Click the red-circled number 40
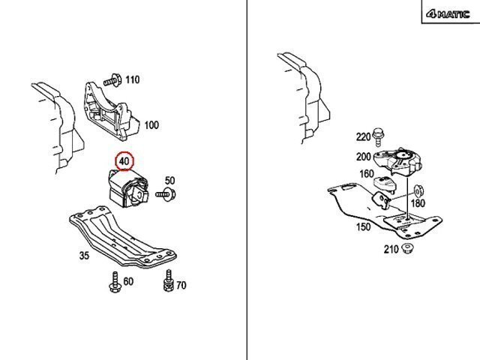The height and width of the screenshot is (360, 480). [124, 160]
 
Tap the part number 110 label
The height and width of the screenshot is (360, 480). [132, 79]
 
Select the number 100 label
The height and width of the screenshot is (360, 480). [151, 125]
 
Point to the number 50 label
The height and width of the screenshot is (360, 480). [169, 180]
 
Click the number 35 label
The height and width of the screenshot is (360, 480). [83, 256]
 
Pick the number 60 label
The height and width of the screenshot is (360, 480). [128, 281]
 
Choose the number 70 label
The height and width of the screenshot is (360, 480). [181, 285]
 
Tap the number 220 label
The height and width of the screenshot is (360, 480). [363, 136]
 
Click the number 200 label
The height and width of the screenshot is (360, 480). [364, 157]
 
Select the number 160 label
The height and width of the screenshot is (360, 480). [367, 174]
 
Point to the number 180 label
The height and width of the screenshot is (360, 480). [418, 202]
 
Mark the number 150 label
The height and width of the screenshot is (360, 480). [363, 226]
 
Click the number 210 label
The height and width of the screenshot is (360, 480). [391, 249]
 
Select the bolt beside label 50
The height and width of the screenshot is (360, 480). [166, 195]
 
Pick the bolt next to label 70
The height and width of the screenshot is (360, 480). [167, 284]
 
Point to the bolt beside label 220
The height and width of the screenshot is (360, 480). [379, 137]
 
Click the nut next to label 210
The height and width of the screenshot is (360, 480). [409, 248]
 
